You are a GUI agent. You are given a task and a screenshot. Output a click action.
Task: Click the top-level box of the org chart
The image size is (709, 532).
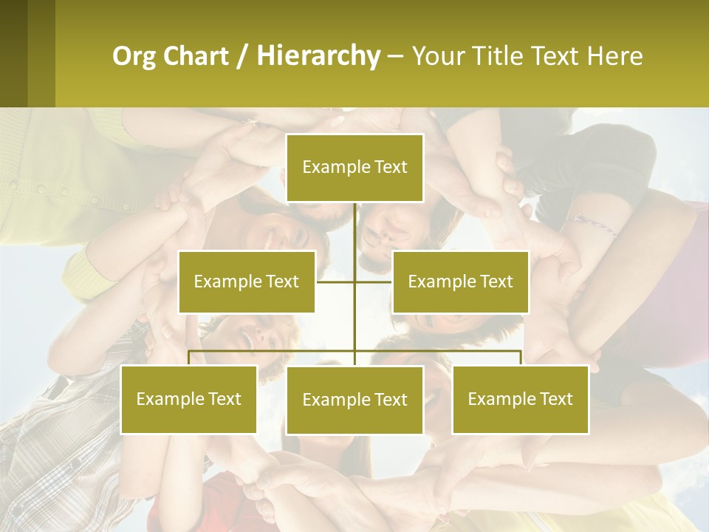pos(354,168)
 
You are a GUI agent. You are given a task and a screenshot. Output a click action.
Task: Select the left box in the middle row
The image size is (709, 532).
pos(247,282)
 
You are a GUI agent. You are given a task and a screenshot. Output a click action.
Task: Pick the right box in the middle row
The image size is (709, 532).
pos(460,282)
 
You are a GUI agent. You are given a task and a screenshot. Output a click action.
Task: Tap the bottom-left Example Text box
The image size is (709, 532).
pos(189,399)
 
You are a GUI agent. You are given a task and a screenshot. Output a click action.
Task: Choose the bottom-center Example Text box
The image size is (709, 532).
pos(354,400)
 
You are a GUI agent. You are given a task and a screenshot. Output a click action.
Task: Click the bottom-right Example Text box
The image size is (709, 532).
pos(520,399)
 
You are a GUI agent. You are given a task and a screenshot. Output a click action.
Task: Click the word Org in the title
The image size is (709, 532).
pos(133,56)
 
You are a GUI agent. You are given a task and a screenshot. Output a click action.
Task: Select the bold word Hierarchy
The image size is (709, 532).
pos(318,56)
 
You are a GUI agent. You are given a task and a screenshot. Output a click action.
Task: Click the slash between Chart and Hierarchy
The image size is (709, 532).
pos(242,56)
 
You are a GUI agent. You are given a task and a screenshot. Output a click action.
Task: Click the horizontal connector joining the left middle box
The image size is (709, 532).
pos(335,282)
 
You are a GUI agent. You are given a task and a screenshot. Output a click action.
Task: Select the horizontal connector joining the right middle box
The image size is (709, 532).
pos(374,282)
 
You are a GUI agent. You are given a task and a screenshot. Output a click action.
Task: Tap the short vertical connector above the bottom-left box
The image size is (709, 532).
pos(189,358)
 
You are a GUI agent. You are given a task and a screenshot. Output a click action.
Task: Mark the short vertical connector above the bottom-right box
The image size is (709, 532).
pos(520,358)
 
